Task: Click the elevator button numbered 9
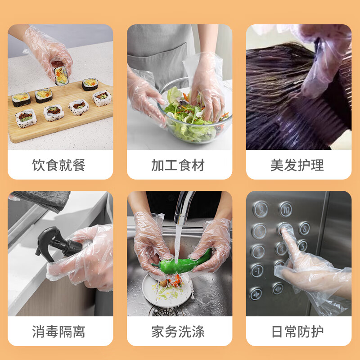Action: click(260, 209)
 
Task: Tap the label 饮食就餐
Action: click(59, 165)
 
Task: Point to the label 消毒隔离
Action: click(59, 332)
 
